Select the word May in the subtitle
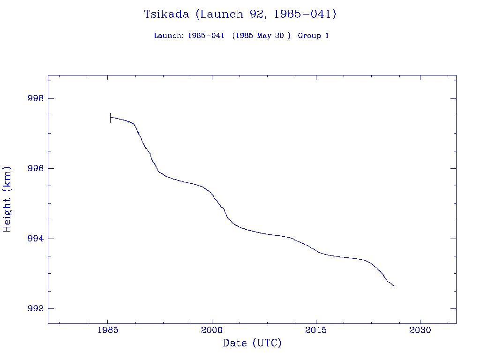(264, 36)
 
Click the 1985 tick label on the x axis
(108, 330)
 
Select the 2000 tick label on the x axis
(212, 330)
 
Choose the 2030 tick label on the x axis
(420, 330)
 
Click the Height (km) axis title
(7, 199)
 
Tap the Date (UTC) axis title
(252, 343)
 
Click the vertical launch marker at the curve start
(110, 118)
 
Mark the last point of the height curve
(394, 285)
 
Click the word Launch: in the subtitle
(169, 36)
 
